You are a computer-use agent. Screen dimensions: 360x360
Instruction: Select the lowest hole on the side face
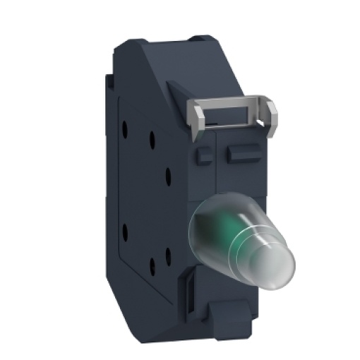pyautogui.click(x=152, y=266)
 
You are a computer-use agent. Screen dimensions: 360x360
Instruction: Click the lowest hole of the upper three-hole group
pyautogui.click(x=167, y=172)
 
